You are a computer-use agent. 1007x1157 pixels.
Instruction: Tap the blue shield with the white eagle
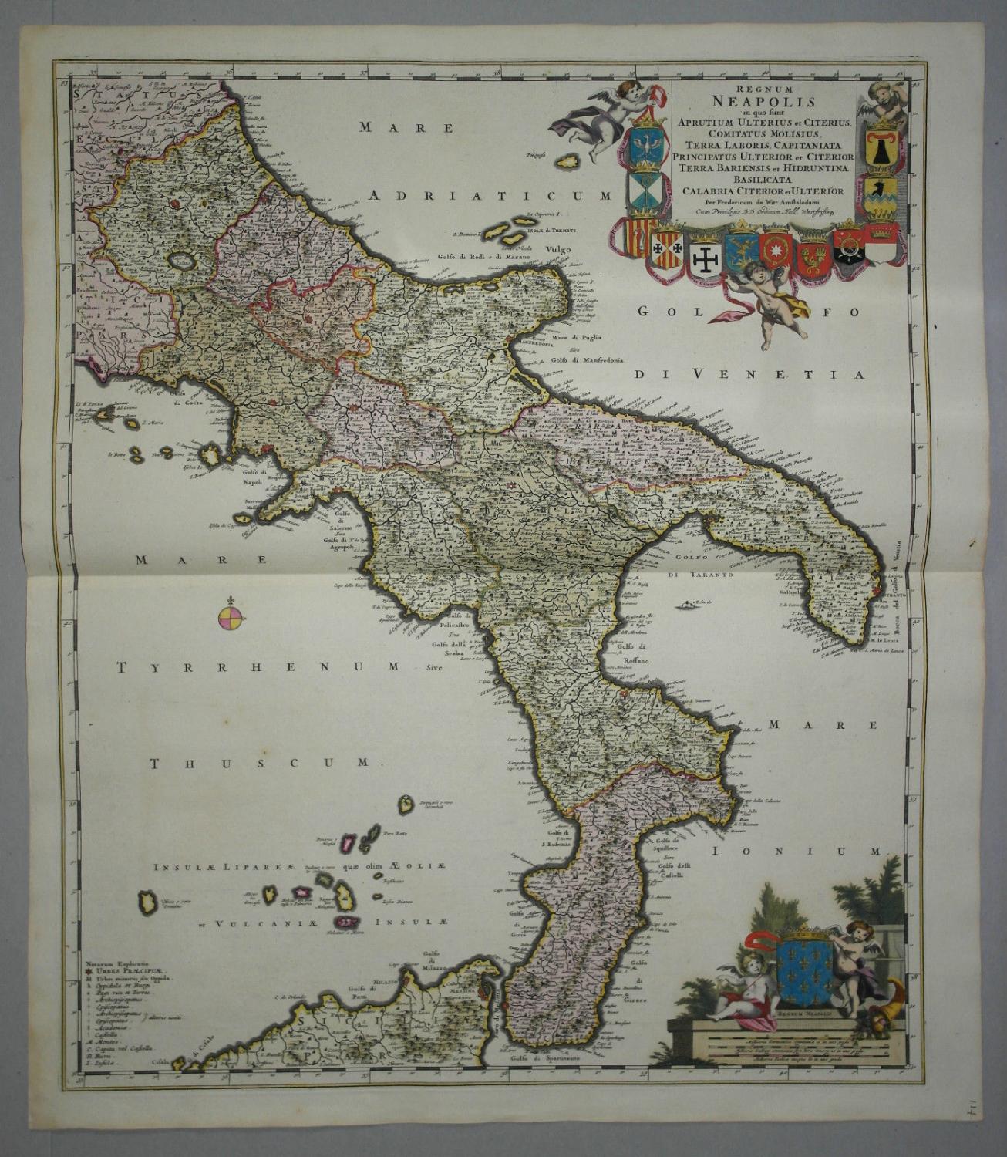click(645, 147)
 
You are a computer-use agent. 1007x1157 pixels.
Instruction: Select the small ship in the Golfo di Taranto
click(684, 604)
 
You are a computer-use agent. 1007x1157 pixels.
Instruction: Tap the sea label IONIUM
click(797, 852)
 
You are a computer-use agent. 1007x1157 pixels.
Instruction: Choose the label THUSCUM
click(261, 763)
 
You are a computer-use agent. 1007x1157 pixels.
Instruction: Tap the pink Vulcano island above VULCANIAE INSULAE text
click(350, 923)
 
